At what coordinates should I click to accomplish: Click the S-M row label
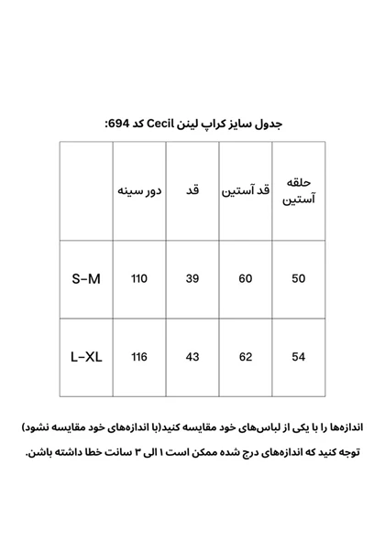click(85, 278)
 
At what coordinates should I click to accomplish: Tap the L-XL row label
click(85, 357)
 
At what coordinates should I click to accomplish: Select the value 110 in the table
click(138, 278)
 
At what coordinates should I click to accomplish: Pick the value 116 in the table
click(138, 357)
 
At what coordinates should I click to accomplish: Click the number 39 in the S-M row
click(192, 278)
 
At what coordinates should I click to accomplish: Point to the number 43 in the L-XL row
click(192, 357)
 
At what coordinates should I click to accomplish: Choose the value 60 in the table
click(245, 278)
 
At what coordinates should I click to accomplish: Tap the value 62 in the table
click(245, 357)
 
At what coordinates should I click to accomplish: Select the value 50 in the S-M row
click(298, 278)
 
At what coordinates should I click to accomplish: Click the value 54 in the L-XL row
click(298, 357)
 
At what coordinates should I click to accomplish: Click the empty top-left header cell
click(85, 191)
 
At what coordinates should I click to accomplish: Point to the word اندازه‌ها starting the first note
click(343, 427)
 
